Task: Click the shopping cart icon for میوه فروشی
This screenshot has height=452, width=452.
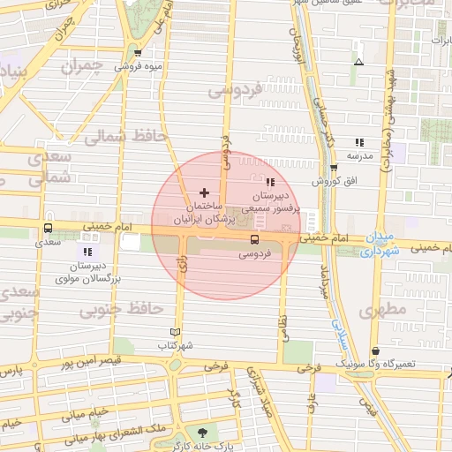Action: (x=136, y=52)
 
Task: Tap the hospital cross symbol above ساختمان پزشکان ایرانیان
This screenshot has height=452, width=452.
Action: (x=205, y=192)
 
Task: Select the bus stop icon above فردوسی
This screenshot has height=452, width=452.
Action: (x=254, y=238)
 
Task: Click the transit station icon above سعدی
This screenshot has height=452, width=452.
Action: (x=48, y=228)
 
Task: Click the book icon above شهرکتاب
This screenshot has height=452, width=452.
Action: (x=174, y=332)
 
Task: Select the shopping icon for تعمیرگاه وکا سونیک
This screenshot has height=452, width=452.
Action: (x=376, y=350)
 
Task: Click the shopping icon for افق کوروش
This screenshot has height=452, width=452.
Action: (x=333, y=168)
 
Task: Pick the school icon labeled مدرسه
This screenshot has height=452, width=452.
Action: (x=358, y=141)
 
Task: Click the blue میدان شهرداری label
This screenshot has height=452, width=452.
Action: (x=381, y=245)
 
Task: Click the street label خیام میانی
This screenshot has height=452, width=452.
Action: (x=87, y=411)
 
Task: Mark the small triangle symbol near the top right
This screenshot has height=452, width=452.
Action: (x=358, y=62)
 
